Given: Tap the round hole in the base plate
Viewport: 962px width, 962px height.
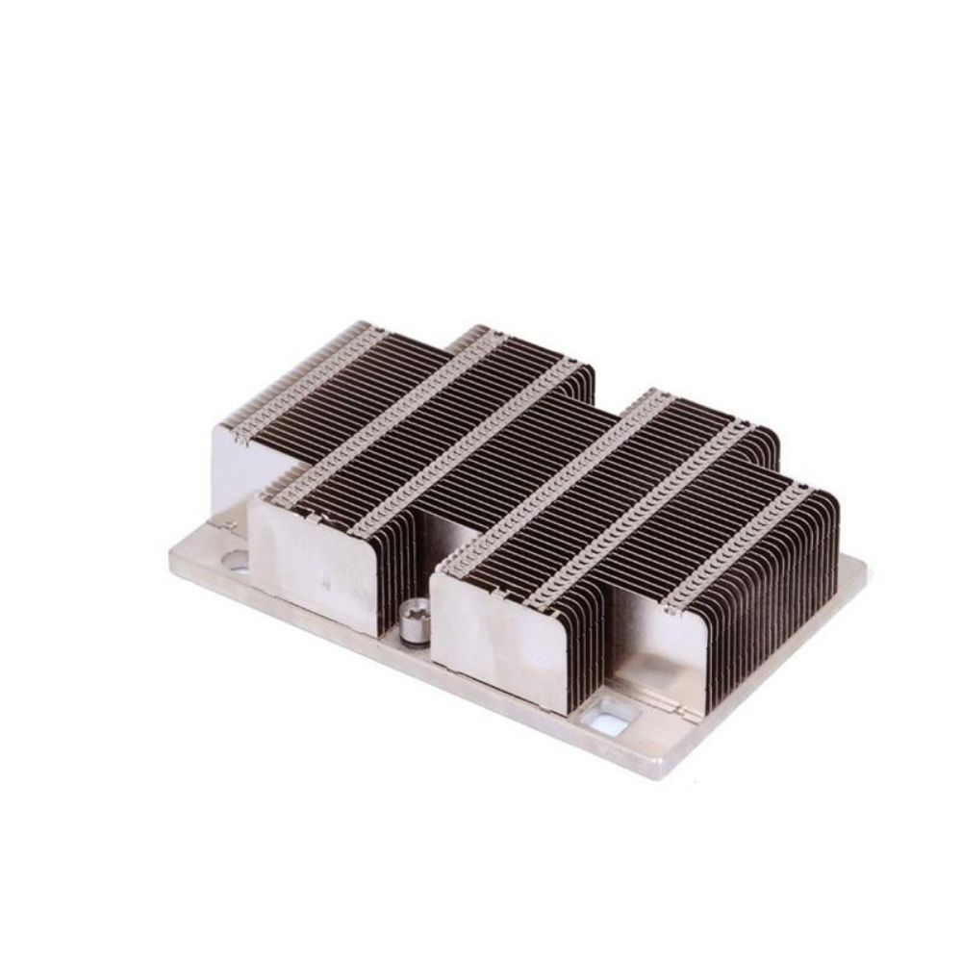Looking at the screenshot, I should click(x=234, y=558).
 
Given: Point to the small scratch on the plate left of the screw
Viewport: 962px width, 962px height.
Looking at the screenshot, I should click(x=329, y=582).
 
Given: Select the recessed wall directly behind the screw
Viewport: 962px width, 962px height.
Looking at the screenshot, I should click(x=433, y=539).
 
